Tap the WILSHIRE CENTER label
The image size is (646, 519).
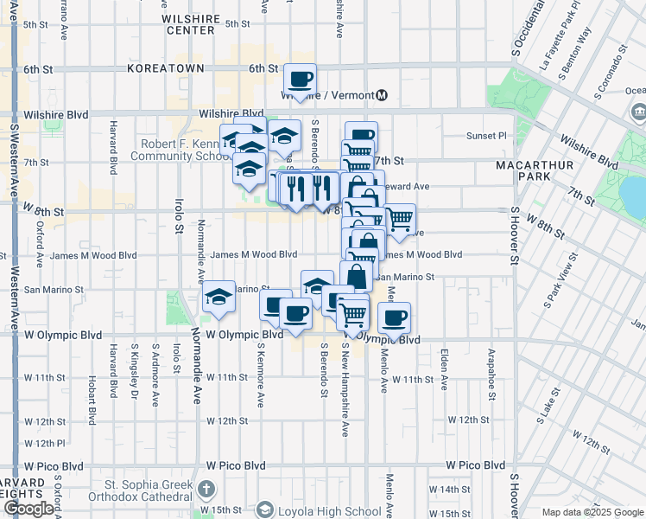pos(190,23)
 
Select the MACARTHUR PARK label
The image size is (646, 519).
pos(529,170)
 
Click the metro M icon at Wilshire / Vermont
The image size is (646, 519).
pos(382,95)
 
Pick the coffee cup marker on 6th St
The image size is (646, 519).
pos(301,80)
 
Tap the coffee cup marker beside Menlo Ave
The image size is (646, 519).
pos(395,317)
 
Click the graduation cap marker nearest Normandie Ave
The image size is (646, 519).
pos(219,298)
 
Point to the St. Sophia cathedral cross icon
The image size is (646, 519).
pos(206,490)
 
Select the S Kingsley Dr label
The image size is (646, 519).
pos(135,364)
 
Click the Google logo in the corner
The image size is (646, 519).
pos(28,509)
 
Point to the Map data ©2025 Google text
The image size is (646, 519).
pos(592,512)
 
